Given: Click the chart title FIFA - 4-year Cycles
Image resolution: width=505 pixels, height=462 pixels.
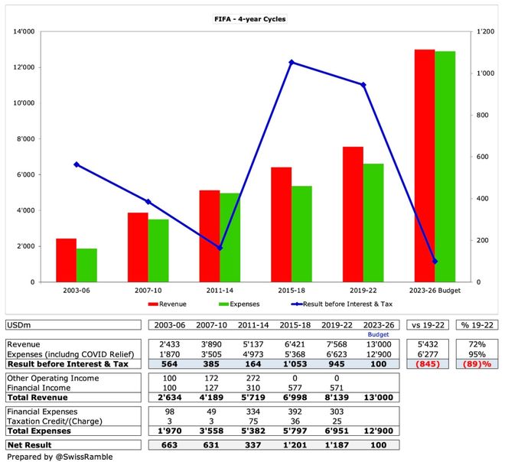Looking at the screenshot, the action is point(250,19).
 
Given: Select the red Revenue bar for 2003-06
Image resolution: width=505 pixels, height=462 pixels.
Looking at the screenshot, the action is point(67,260).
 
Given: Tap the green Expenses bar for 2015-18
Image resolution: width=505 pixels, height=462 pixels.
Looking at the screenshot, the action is point(301,234).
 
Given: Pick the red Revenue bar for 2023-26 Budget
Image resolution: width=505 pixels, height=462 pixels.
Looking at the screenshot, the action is point(425,166).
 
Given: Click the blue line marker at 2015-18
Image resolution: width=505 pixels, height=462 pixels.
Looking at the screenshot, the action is point(292,62).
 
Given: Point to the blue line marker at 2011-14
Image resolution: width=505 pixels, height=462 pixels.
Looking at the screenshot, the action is point(220,248).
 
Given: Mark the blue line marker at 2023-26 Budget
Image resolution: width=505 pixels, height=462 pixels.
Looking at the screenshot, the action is point(435,261).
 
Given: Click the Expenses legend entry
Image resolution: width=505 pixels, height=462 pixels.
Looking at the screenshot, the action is point(239,304).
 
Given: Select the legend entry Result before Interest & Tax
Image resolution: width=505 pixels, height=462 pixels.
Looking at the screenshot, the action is point(342,304).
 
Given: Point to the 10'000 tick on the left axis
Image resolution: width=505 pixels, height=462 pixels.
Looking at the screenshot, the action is point(24,103).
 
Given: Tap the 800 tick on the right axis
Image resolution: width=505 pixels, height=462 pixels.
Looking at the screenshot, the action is point(482,115).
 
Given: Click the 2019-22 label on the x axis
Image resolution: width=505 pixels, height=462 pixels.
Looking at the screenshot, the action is point(363,291).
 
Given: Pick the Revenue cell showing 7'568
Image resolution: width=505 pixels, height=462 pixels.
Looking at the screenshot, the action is point(337,344).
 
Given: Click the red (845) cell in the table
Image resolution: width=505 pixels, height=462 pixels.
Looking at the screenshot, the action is point(428,364).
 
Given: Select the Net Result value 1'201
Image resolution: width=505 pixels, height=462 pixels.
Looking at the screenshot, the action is point(295,445).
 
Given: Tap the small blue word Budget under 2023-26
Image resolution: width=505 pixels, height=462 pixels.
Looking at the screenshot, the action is point(378,334).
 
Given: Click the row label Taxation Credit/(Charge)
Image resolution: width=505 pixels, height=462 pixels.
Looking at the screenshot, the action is point(54,421).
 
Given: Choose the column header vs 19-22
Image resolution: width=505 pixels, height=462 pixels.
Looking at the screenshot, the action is point(428,325).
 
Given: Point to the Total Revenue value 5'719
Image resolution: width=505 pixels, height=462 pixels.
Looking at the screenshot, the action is point(253,398).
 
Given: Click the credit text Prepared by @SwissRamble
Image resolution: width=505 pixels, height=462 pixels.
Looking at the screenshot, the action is point(60,457).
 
